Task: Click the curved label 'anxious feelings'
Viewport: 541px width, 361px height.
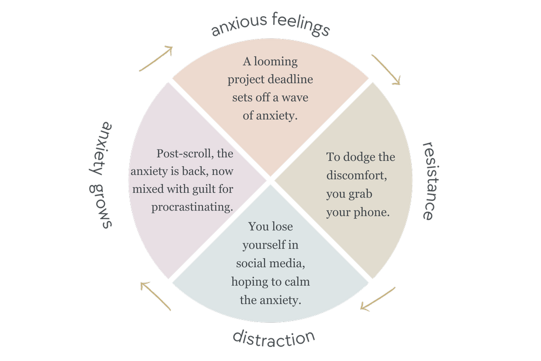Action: point(270,27)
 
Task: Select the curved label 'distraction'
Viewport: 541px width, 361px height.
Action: point(274,339)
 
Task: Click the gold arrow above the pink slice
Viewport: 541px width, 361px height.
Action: point(156,59)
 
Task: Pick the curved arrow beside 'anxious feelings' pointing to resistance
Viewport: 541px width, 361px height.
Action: point(387,69)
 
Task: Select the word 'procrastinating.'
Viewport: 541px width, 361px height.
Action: point(192,207)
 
